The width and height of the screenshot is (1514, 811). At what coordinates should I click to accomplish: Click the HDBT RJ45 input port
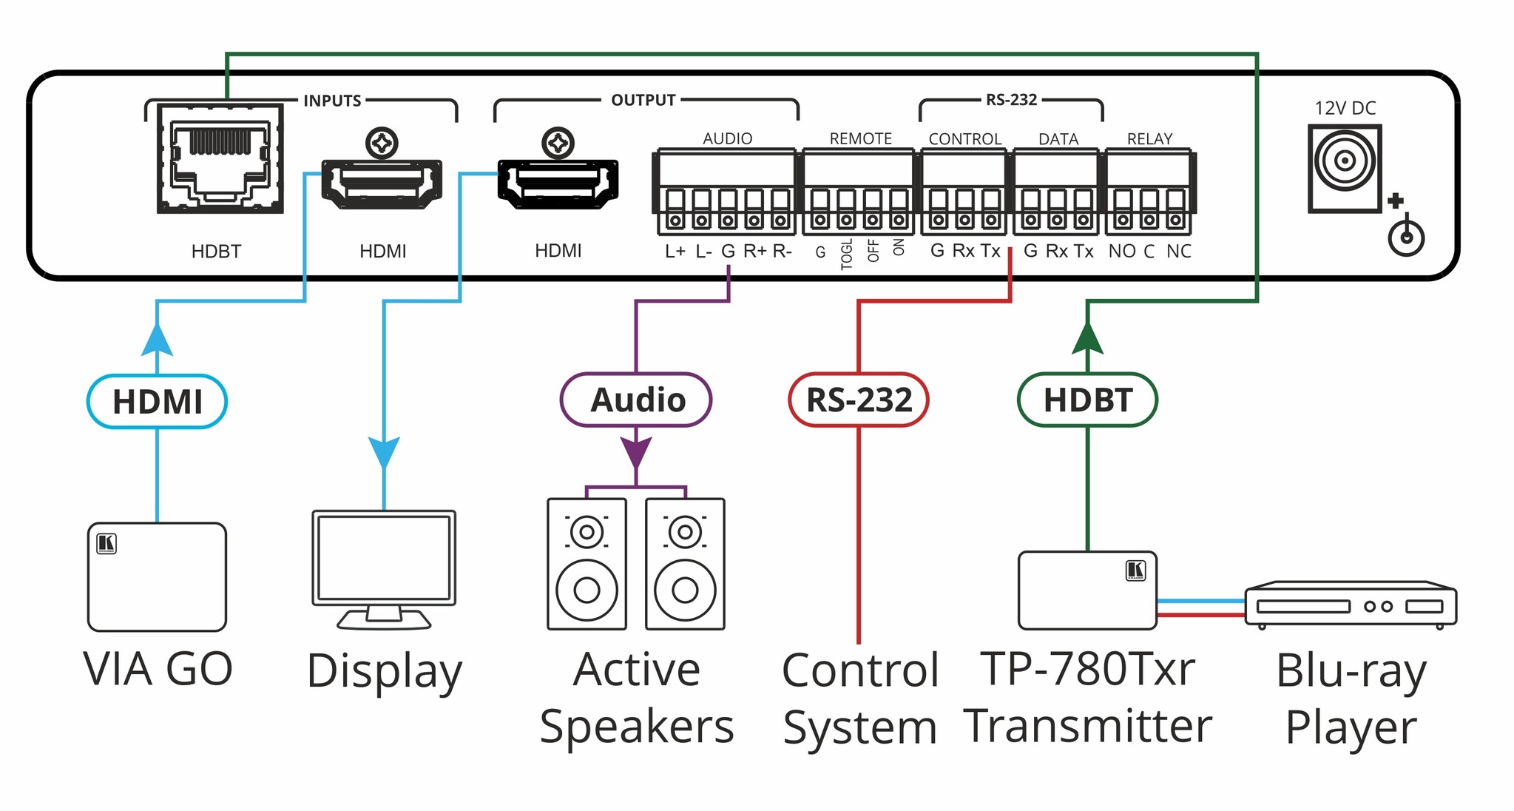tap(220, 159)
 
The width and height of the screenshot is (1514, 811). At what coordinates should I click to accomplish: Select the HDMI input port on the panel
tap(382, 181)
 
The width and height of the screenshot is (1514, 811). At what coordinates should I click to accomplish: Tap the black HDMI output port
tap(558, 181)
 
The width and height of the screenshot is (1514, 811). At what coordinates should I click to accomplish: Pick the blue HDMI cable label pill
tap(157, 402)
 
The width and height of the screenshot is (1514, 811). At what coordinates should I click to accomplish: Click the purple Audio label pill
tap(636, 400)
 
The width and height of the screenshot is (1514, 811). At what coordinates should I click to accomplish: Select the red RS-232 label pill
tap(858, 400)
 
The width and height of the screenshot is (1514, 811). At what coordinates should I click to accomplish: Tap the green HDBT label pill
tap(1087, 400)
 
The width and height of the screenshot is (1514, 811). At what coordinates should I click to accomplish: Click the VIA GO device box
tap(157, 577)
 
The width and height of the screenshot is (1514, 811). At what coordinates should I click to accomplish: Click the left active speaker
tap(587, 564)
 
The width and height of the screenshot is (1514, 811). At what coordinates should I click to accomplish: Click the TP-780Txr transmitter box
tap(1087, 590)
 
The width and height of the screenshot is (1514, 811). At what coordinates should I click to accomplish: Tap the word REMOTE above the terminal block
tap(860, 138)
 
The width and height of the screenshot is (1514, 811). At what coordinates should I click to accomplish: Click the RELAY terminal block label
tap(1149, 138)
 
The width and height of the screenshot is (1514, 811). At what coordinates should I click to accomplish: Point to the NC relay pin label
tap(1178, 252)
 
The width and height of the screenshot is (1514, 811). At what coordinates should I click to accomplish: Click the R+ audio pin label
tap(754, 252)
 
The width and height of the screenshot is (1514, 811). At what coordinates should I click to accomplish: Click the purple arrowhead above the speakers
tap(636, 451)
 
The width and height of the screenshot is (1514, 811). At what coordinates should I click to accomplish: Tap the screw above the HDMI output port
tap(558, 143)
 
